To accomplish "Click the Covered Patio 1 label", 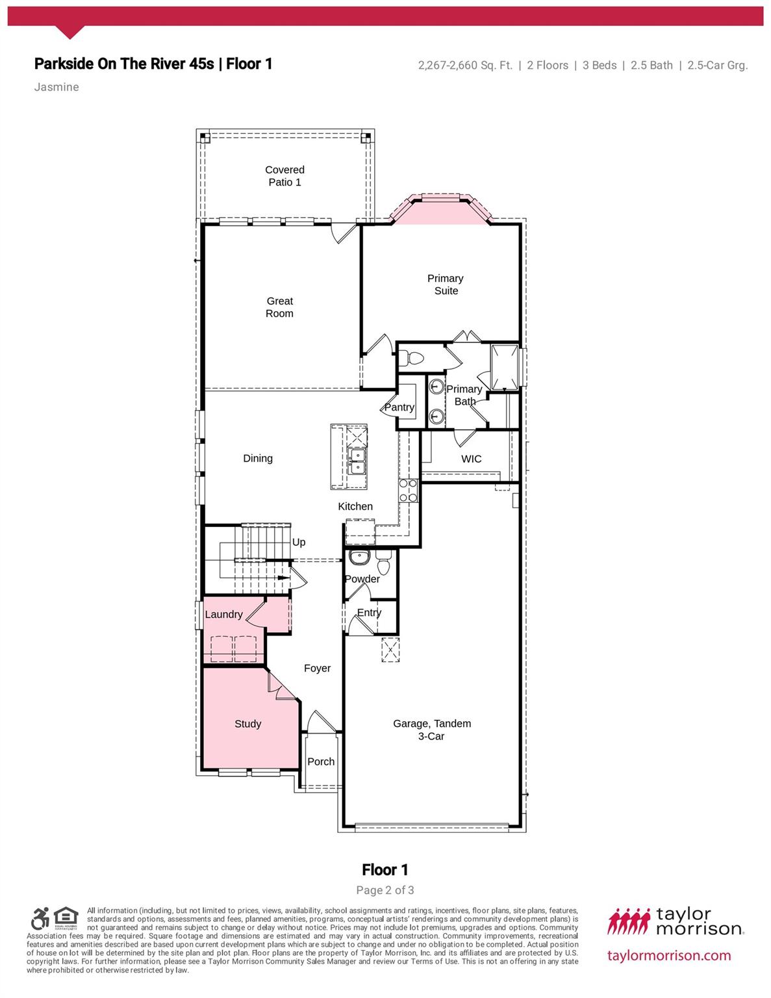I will point(284,176).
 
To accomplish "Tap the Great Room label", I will point(279,307).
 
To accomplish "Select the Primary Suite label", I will point(446,285).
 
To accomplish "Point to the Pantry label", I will point(399,407).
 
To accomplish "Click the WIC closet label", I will point(471,459).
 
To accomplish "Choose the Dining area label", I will point(258,458).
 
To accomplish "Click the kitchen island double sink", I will point(356,461).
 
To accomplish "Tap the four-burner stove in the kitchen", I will point(408,491).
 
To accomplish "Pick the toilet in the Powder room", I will point(384,564).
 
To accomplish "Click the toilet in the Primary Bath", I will point(411,357).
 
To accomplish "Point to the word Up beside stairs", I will point(299,542).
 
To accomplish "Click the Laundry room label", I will point(223,615).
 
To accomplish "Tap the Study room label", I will point(248,724).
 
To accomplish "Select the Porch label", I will point(321,761).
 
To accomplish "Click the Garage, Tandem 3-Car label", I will point(432,730).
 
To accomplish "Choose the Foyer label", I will point(318,668).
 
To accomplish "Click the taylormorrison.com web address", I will point(669,955).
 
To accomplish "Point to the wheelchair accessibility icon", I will point(40,919).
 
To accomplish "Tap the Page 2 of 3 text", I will point(385,890).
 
